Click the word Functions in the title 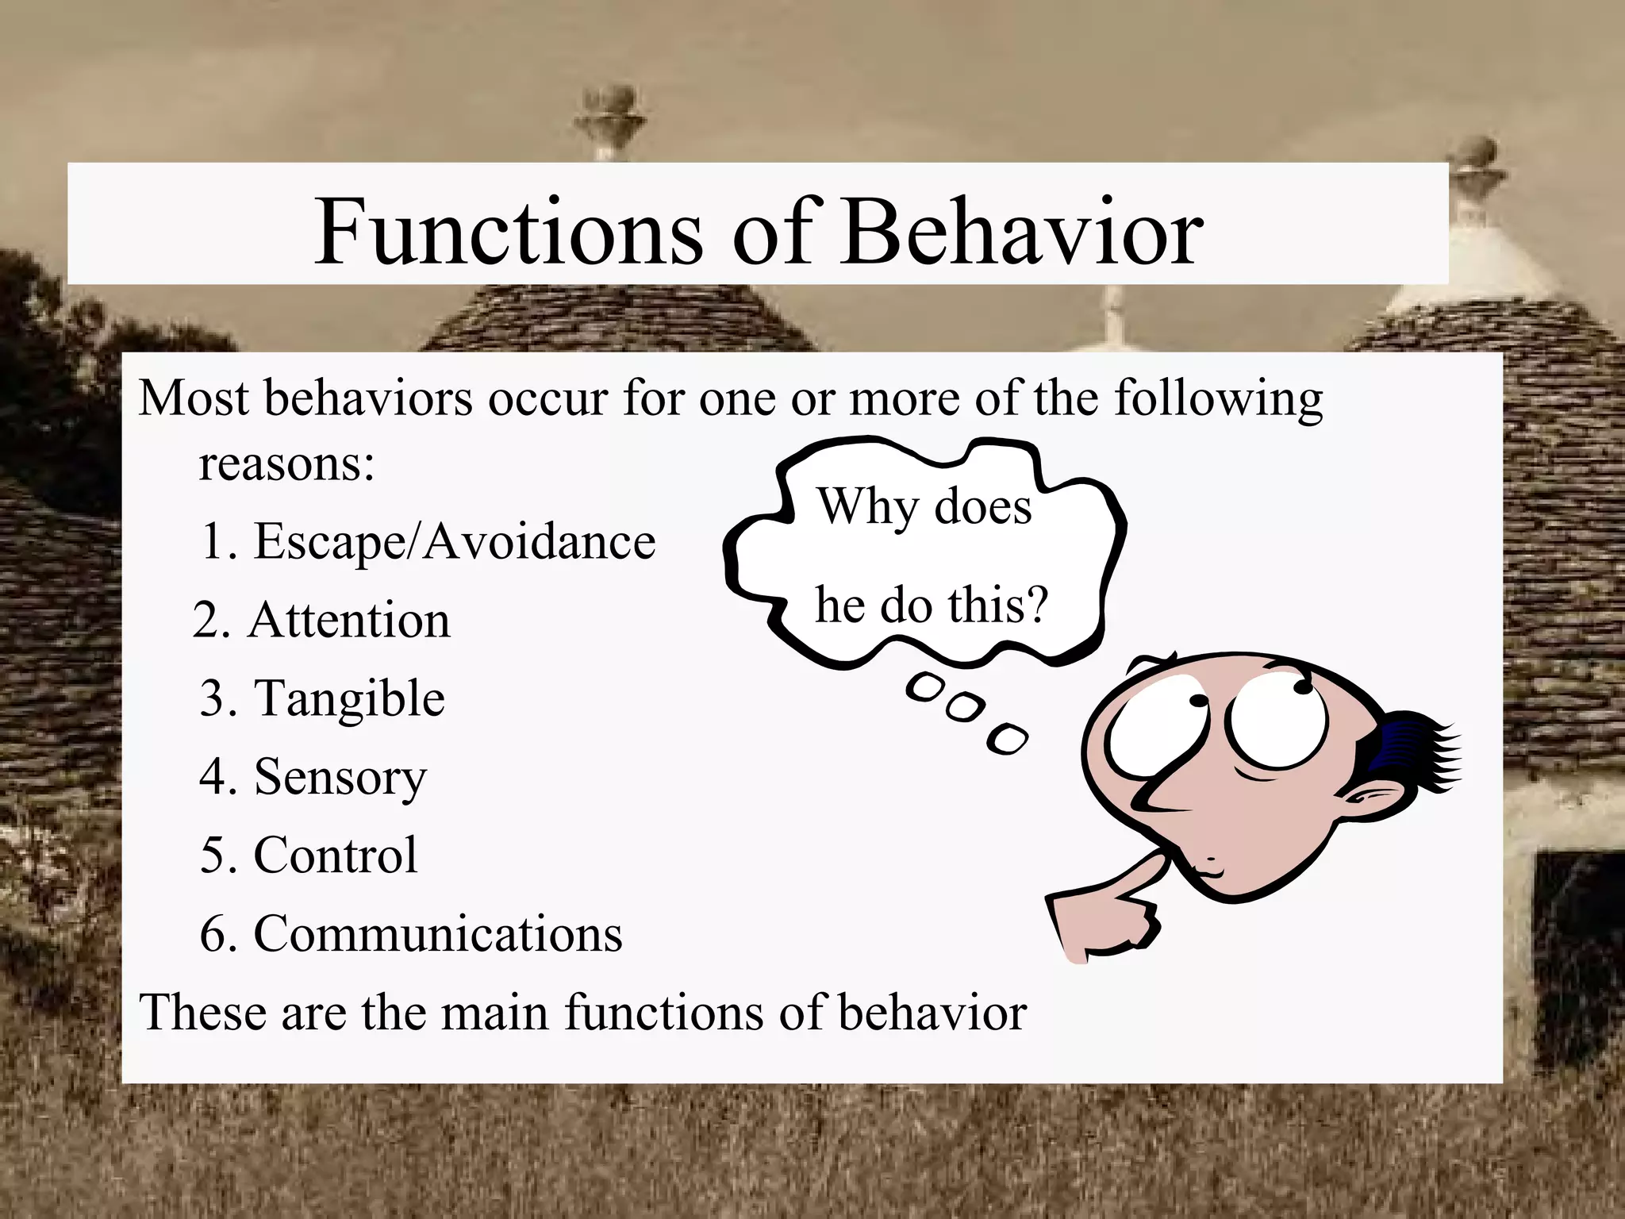pos(508,233)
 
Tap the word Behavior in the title pos(1022,233)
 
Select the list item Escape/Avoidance pos(454,542)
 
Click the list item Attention pos(348,620)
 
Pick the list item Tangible pos(348,699)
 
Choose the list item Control pos(334,855)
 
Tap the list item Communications pos(437,933)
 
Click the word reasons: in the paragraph pos(286,463)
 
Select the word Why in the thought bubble pos(866,506)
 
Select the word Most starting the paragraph pos(194,398)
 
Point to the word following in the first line pos(1218,399)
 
